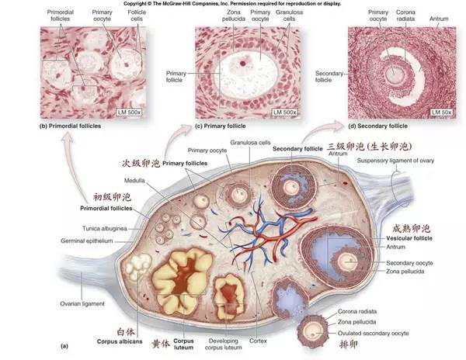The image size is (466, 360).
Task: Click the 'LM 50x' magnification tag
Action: (443, 113)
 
